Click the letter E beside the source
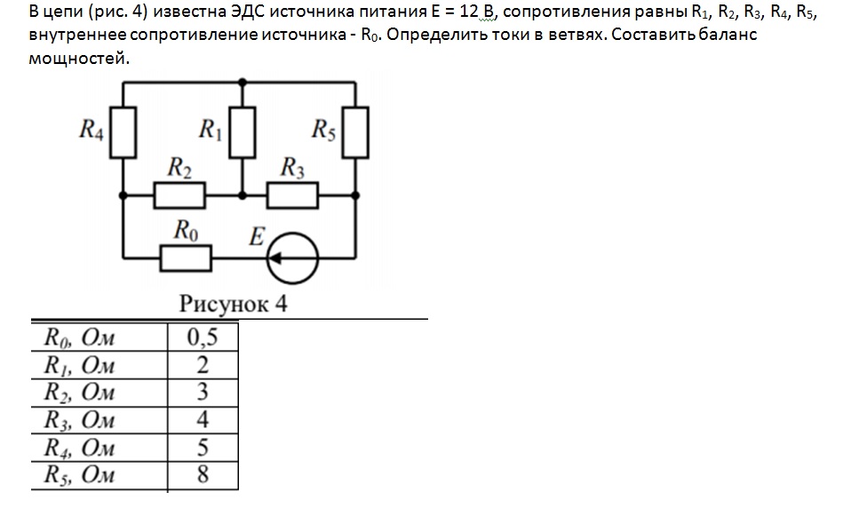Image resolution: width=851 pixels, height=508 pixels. coord(257,236)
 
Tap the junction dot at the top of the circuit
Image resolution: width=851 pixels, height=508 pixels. coord(242,83)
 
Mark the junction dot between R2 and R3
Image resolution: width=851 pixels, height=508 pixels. coord(242,195)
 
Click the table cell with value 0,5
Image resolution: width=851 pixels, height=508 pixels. coord(203,337)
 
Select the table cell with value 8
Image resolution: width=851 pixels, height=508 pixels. coord(203,474)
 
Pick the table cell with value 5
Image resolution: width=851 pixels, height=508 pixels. coord(203,448)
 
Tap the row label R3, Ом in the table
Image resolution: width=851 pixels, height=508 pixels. coord(79,420)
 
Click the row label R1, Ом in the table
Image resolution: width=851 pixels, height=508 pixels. coord(79,365)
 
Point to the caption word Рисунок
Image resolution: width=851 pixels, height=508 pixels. coord(224,304)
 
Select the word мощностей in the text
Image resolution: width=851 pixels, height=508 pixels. coord(79,58)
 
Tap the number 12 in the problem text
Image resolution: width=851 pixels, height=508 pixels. coord(468,12)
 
